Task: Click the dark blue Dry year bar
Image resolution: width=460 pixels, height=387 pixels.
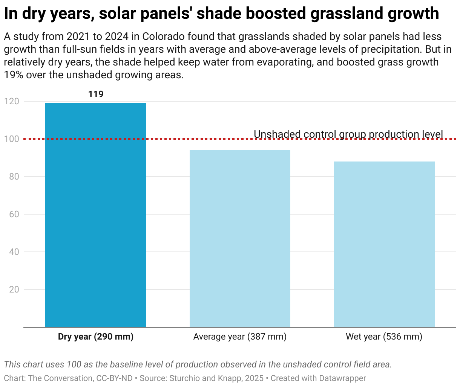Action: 96,215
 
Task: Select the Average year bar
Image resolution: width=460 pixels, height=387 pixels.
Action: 240,239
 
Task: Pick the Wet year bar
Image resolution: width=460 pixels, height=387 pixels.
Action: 384,244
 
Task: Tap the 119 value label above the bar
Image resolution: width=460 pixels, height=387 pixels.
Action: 96,94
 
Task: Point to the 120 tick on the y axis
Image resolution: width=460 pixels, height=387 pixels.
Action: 12,101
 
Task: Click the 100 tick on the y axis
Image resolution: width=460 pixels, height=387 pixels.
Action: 12,139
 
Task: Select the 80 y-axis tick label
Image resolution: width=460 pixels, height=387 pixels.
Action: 14,177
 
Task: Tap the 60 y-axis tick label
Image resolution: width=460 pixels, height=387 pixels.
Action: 14,214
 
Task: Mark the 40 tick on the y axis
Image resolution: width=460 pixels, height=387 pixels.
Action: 14,252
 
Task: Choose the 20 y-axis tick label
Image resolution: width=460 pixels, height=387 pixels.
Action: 14,289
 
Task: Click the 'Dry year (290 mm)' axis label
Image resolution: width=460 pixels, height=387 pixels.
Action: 96,337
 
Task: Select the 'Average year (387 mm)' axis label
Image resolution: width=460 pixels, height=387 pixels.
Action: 240,337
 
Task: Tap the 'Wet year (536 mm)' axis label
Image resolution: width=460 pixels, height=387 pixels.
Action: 384,337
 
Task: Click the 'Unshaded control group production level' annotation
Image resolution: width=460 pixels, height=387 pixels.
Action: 348,134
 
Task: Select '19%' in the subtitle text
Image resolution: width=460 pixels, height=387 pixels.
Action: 14,75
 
